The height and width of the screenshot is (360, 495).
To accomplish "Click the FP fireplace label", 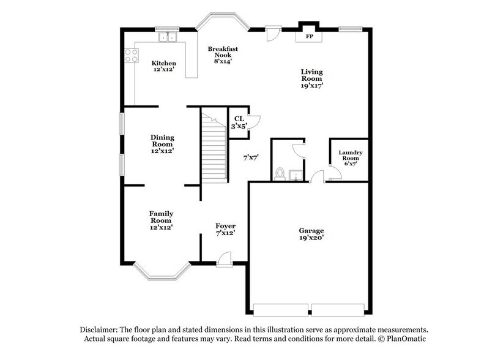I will pyautogui.click(x=309, y=37).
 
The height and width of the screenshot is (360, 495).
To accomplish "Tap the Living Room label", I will pyautogui.click(x=311, y=78).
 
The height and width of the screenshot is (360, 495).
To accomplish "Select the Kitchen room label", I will pyautogui.click(x=164, y=66).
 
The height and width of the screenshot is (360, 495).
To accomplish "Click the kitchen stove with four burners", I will pyautogui.click(x=131, y=56).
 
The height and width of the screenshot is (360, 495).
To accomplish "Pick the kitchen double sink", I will pyautogui.click(x=166, y=39).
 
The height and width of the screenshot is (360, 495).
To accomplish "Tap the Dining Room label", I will pyautogui.click(x=163, y=144).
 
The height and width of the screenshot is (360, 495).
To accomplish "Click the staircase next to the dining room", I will pyautogui.click(x=215, y=147).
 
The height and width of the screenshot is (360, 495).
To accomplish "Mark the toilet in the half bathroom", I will pyautogui.click(x=280, y=174).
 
